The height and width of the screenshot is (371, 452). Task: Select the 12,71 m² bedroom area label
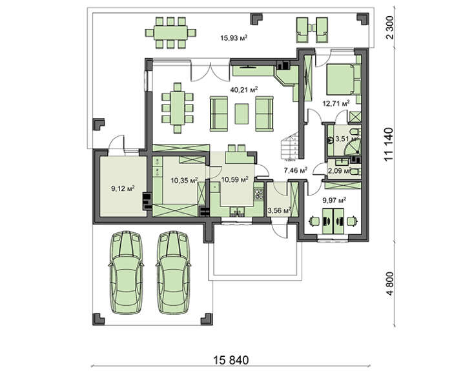(x=336, y=102)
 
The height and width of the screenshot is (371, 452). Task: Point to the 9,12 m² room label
(x=123, y=189)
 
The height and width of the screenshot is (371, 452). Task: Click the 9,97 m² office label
(x=334, y=200)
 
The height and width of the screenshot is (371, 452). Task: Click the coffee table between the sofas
(x=243, y=113)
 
